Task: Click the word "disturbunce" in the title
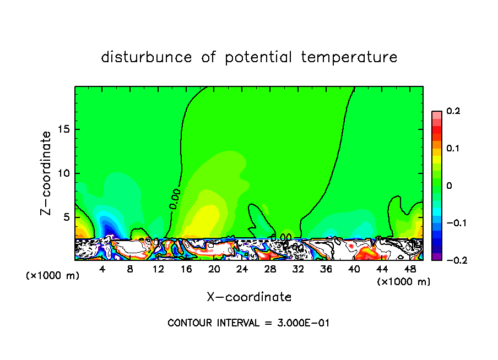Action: click(147, 57)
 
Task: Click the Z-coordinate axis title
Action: click(47, 173)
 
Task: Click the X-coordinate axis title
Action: click(249, 297)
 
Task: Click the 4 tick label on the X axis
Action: click(102, 269)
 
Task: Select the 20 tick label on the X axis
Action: click(214, 269)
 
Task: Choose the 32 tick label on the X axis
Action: click(297, 269)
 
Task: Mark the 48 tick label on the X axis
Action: click(409, 269)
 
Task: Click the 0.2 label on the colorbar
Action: click(453, 111)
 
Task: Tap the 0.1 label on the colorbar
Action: click(453, 149)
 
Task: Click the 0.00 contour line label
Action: click(175, 198)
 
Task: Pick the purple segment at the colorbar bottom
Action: click(436, 257)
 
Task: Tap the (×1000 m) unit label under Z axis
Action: click(53, 275)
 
